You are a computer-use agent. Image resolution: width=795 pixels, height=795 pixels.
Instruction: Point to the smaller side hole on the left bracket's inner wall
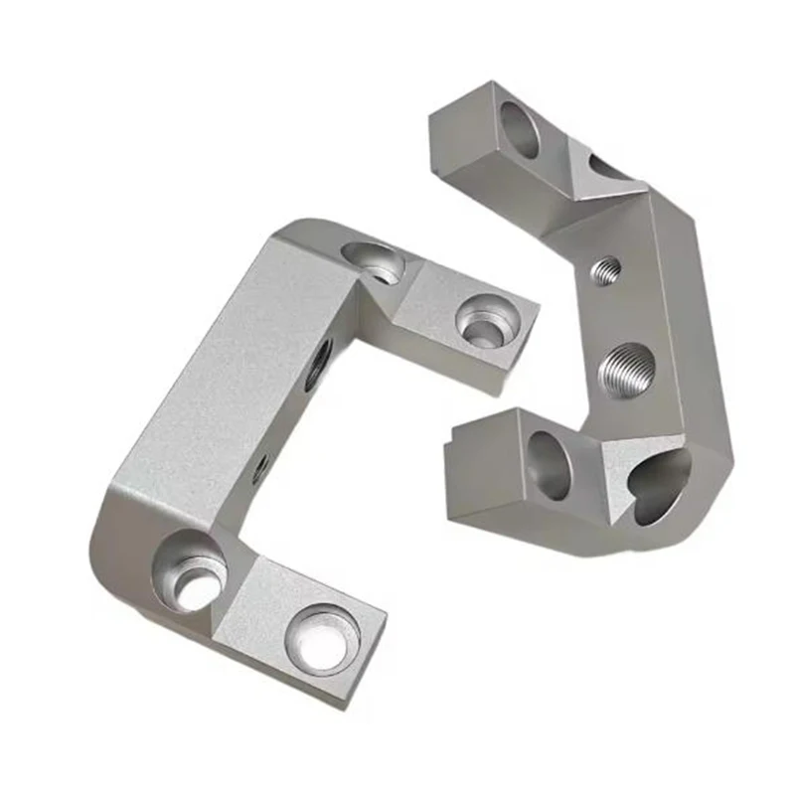[260, 465]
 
